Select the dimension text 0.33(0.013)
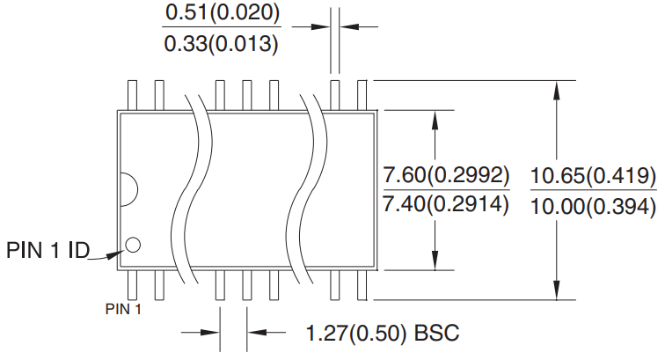pos(223,42)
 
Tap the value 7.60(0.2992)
pos(446,175)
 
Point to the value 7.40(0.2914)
pos(446,204)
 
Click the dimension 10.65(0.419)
pos(593,175)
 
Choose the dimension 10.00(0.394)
pos(593,206)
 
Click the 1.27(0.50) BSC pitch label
pos(383,334)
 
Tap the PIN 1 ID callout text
pos(48,250)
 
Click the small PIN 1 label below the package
pos(123,309)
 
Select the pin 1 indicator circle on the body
pos(133,244)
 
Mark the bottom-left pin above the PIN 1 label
pos(133,284)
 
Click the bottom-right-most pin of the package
pos(362,284)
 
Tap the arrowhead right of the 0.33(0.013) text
pos(320,27)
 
